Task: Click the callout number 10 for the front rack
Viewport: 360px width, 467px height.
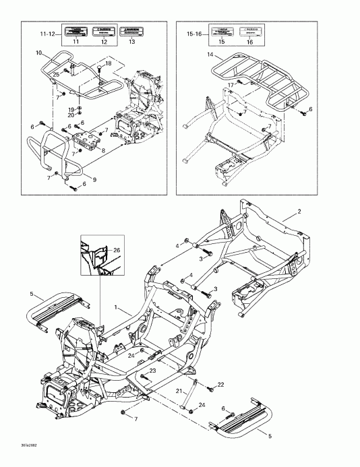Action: pos(38,52)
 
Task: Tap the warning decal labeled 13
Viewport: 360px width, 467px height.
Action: pos(131,31)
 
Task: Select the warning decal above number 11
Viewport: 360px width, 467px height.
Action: pos(76,31)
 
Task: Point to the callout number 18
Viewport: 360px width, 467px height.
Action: pos(108,62)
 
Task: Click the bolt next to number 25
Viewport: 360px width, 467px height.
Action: pos(67,69)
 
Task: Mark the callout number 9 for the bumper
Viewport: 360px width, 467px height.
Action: pos(94,179)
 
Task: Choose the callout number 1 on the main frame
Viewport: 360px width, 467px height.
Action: pos(116,307)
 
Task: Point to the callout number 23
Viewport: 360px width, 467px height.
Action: pos(153,371)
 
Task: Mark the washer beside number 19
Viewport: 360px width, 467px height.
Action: pos(78,108)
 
